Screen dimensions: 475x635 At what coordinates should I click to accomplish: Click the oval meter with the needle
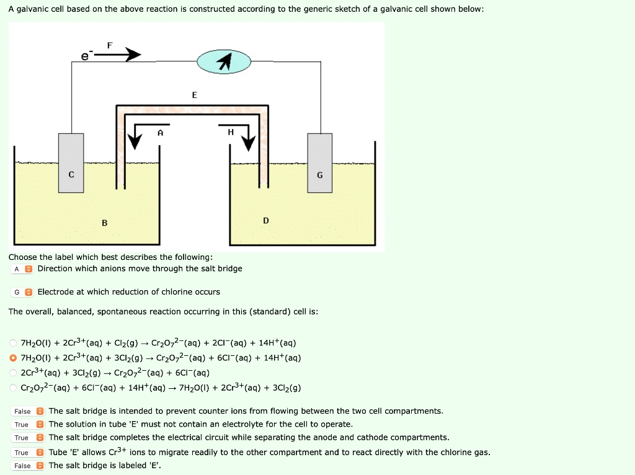coord(224,61)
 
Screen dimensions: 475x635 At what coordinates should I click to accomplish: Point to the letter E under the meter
coord(194,95)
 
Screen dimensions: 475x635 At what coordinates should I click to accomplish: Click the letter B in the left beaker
coord(104,223)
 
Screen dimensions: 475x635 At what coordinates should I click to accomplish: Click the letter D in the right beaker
coord(266,220)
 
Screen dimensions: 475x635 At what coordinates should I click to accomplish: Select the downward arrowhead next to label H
coord(248,143)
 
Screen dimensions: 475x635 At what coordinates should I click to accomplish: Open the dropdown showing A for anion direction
coord(22,269)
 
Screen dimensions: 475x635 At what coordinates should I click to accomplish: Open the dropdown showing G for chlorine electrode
coord(22,292)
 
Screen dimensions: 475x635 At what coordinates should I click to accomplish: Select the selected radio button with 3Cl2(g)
coord(13,358)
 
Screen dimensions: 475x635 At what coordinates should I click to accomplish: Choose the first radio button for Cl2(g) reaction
coord(13,343)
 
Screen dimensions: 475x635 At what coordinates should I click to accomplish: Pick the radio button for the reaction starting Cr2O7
coord(13,388)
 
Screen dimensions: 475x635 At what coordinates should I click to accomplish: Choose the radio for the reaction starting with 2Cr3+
coord(13,373)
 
